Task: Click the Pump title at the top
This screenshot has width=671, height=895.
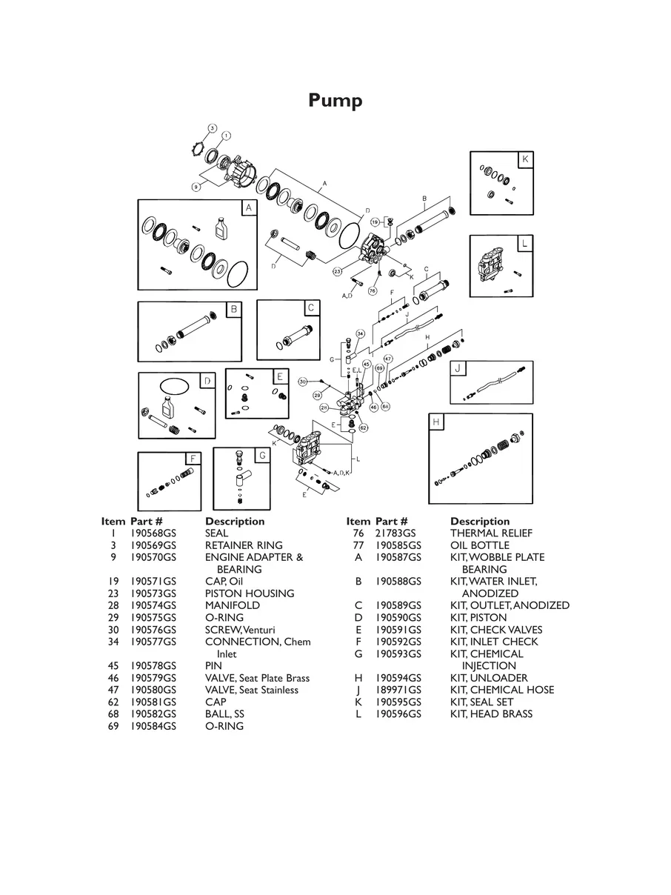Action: click(x=335, y=100)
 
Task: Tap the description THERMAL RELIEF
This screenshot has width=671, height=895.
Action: click(x=491, y=533)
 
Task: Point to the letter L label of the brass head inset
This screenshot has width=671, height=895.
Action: click(x=524, y=244)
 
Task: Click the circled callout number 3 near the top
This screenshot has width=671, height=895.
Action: click(x=212, y=128)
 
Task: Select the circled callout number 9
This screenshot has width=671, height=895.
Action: click(x=196, y=187)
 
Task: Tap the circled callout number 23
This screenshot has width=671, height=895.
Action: click(x=337, y=272)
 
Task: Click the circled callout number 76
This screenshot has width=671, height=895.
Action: click(x=373, y=291)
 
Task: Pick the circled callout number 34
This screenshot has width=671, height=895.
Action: click(x=360, y=333)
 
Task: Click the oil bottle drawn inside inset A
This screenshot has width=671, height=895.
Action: click(x=221, y=227)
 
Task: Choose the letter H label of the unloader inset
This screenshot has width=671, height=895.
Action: click(x=437, y=422)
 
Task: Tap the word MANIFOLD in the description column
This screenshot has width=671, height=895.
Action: click(x=233, y=605)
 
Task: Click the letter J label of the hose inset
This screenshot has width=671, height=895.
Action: click(x=458, y=368)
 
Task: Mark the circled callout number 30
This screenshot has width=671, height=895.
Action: click(x=303, y=382)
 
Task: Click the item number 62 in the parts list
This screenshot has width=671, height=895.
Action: click(x=113, y=702)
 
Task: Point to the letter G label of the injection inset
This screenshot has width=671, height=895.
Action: click(x=261, y=455)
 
